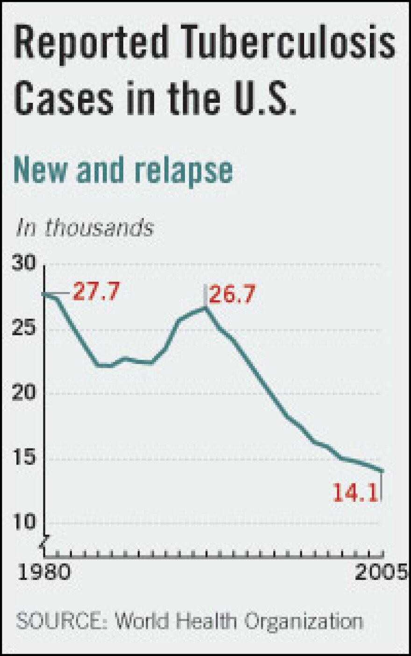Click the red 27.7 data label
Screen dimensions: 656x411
click(96, 292)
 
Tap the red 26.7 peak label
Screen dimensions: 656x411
click(232, 295)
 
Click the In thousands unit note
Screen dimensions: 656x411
click(85, 228)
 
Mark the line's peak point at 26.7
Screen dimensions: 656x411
click(205, 307)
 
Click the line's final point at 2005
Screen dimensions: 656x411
click(383, 471)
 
